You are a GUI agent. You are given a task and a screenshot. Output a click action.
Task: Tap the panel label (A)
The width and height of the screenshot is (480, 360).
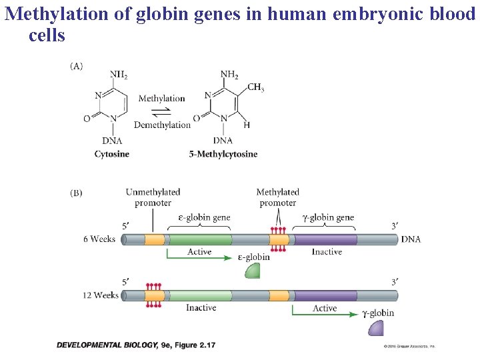pyautogui.click(x=77, y=66)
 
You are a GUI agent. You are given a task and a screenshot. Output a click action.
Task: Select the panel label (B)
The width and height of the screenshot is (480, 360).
pyautogui.click(x=77, y=193)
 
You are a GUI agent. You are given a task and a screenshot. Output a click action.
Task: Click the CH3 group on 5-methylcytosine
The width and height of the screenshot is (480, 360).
pyautogui.click(x=255, y=87)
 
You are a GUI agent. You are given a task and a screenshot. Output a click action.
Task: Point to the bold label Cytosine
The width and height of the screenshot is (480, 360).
pyautogui.click(x=112, y=154)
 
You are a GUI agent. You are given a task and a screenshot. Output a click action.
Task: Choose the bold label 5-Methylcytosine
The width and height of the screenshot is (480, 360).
pyautogui.click(x=223, y=154)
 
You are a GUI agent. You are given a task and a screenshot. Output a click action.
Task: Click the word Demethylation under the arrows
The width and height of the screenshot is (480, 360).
pyautogui.click(x=162, y=125)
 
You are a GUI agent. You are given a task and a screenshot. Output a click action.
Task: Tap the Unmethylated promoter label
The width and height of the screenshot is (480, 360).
pyautogui.click(x=153, y=197)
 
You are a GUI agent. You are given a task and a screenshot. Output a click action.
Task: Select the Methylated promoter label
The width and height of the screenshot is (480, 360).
pyautogui.click(x=277, y=197)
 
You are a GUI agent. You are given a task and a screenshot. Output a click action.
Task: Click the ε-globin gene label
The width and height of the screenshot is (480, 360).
pyautogui.click(x=204, y=217)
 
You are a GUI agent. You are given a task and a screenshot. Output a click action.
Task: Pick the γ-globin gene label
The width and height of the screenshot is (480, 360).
pyautogui.click(x=328, y=217)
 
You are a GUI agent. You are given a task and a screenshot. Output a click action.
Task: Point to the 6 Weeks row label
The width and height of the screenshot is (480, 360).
pyautogui.click(x=99, y=239)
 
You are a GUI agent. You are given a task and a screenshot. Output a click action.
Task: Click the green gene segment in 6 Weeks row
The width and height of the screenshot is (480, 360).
pyautogui.click(x=199, y=239)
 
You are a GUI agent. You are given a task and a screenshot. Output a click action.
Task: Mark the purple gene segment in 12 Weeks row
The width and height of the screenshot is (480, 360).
pyautogui.click(x=325, y=295)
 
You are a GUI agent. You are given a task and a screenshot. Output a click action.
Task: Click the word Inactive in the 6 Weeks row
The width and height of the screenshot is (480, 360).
pyautogui.click(x=327, y=252)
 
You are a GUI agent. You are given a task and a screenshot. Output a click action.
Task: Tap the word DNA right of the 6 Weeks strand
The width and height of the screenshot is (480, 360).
pyautogui.click(x=411, y=239)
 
